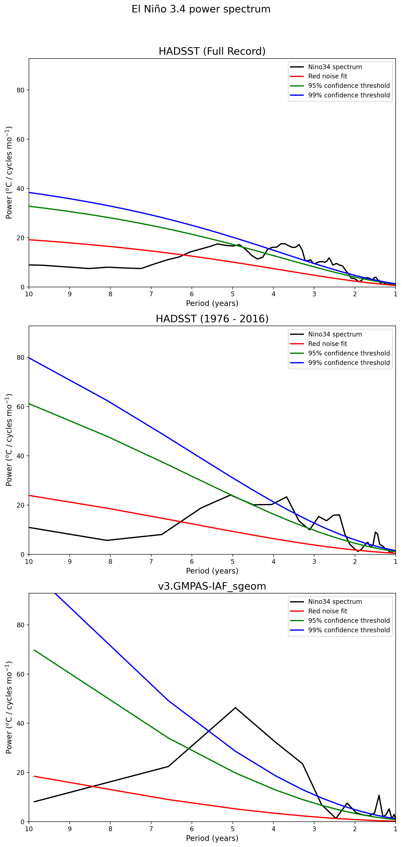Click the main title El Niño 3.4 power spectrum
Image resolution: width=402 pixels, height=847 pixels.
[201, 9]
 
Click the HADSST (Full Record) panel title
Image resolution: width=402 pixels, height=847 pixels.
[212, 51]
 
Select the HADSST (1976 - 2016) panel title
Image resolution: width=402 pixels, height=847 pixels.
[212, 319]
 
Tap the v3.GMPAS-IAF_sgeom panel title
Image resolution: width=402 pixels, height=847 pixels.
[212, 586]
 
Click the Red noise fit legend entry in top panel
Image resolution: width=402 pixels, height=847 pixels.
[327, 76]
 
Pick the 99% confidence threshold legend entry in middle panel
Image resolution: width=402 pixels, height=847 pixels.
[349, 363]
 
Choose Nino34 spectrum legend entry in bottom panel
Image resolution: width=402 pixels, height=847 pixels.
[335, 602]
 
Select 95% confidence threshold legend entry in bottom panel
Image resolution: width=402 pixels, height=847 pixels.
[349, 621]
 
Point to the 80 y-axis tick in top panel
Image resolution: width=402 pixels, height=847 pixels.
[21, 90]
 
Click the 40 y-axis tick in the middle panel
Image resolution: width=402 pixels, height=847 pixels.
[21, 456]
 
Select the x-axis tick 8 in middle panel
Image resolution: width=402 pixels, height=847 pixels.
[110, 561]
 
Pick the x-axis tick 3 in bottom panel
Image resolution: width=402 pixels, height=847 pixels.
[314, 829]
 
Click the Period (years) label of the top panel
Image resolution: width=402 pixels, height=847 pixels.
[212, 303]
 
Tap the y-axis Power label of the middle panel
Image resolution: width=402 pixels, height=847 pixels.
[9, 440]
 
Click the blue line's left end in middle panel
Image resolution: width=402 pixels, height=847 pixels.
[29, 358]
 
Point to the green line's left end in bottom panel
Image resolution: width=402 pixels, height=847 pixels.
[34, 650]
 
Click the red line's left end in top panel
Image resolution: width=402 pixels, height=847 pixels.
[29, 240]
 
